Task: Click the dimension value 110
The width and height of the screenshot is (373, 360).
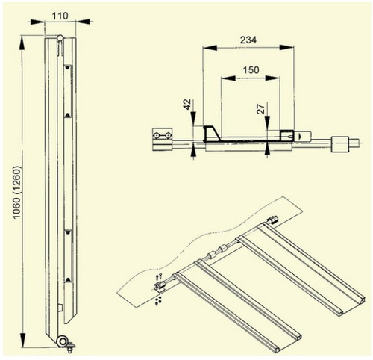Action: [x=60, y=16]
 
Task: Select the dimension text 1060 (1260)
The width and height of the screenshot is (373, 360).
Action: [x=17, y=193]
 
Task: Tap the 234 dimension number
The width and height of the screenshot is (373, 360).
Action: [x=248, y=40]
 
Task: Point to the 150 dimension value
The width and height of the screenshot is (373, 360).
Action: [x=251, y=70]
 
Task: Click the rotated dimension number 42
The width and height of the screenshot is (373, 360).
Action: [x=187, y=105]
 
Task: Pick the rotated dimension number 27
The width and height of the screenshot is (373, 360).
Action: [x=261, y=109]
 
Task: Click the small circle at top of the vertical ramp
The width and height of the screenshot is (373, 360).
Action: [x=60, y=38]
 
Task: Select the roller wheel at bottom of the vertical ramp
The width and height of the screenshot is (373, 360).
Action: [x=62, y=341]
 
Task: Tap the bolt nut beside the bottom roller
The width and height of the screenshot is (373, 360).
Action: [x=71, y=347]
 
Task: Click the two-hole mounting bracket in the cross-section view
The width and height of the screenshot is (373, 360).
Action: [x=162, y=136]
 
